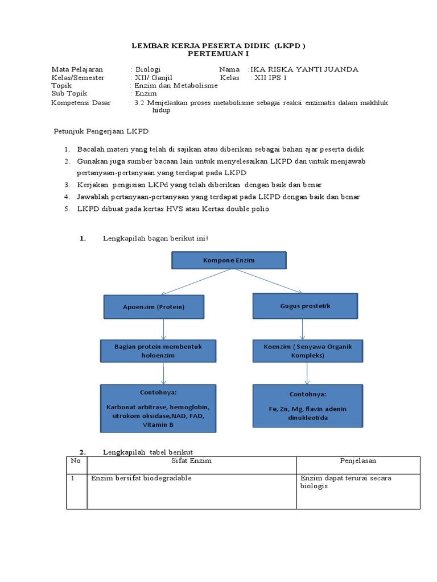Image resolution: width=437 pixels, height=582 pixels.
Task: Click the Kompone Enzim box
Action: pos(229,260)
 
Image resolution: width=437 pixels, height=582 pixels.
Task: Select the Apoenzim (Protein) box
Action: pos(154,307)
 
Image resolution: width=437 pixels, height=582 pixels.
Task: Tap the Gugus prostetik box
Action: pos(305,306)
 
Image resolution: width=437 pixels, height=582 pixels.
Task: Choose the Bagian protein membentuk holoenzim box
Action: pos(158,351)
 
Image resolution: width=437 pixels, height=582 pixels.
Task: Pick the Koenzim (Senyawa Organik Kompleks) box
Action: pos(308,351)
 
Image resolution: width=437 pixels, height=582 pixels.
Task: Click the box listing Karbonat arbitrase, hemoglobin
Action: pos(158,408)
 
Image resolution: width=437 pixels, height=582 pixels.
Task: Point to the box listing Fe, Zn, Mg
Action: pos(307,405)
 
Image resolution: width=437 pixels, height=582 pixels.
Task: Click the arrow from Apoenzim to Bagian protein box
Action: pos(164,329)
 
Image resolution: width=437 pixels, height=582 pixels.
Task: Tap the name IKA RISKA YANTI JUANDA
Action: pos(305,69)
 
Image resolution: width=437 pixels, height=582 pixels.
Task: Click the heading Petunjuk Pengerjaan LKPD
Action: pos(101,132)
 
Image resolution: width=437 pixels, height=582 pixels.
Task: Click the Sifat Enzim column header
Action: pos(191,460)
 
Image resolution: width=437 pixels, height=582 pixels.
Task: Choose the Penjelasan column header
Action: pos(358,460)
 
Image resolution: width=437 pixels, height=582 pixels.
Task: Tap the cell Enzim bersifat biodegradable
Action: pos(141,478)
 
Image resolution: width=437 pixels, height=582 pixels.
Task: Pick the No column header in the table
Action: pos(76,460)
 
